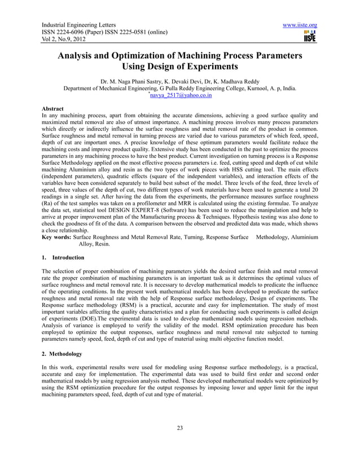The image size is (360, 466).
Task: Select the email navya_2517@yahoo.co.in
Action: coord(181,96)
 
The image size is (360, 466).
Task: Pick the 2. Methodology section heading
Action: coord(62,354)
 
